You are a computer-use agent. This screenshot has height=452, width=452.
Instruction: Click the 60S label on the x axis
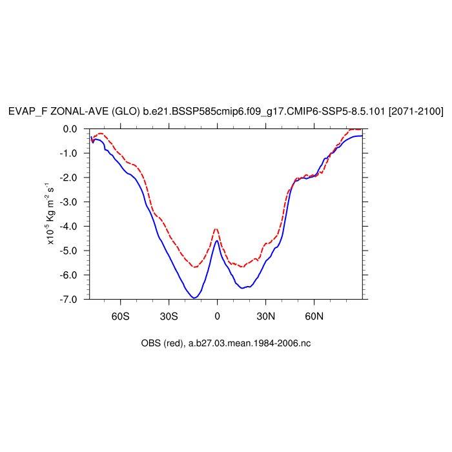[120, 317]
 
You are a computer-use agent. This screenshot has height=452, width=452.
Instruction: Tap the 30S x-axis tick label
[169, 317]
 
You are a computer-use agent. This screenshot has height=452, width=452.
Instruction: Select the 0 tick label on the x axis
[217, 317]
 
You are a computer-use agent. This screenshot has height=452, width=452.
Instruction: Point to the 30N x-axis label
[265, 317]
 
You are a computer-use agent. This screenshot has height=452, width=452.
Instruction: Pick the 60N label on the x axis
[314, 317]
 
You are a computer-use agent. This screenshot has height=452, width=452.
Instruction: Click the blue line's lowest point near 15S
[194, 298]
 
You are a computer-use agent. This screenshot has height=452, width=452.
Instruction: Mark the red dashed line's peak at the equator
[216, 229]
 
